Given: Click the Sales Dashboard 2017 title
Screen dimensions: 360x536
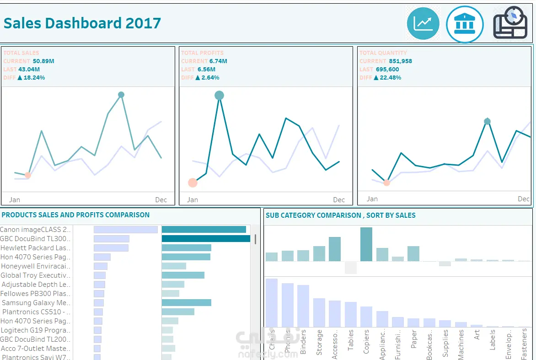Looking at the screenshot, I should tap(82, 23).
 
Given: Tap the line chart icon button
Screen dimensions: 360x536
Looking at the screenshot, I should tap(423, 23).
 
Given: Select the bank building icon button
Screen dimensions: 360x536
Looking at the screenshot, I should tap(465, 24).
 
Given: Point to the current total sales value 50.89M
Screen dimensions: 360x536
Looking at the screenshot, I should tap(43, 61).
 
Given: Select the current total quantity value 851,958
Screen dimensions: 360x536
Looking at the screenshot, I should tap(400, 61).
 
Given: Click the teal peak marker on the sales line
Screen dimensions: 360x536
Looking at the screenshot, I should tap(121, 95).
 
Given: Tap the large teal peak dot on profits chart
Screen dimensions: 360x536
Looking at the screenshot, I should tap(220, 95).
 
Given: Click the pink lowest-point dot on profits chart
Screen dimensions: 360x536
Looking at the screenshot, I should tap(193, 183).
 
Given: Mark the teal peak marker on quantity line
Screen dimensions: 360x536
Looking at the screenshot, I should tap(488, 121).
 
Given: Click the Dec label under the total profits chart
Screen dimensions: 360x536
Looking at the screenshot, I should tap(339, 200).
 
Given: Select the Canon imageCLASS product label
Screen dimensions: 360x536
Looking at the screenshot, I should tap(36, 230).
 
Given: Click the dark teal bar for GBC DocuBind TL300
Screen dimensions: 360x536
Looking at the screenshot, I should tap(206, 238).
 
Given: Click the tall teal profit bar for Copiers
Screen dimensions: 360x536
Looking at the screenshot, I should tap(366, 244).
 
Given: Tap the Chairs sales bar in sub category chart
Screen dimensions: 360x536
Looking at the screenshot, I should tap(272, 302).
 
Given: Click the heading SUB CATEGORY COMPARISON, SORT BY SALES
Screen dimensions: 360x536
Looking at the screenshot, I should tap(341, 215).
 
